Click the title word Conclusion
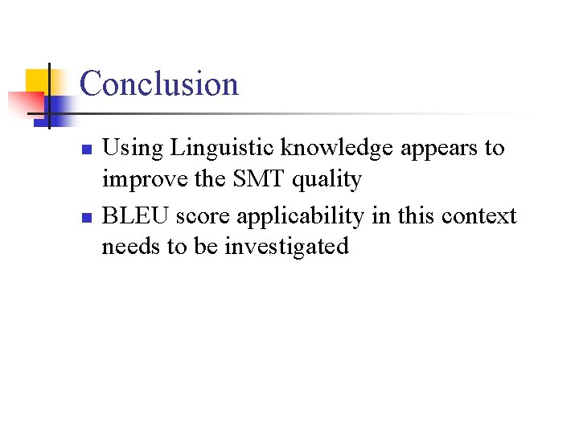(159, 84)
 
